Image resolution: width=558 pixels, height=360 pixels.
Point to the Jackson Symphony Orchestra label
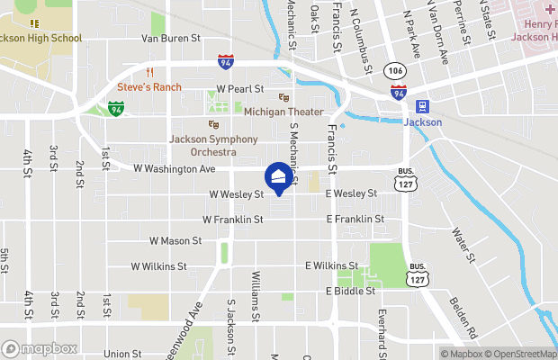pos(213,146)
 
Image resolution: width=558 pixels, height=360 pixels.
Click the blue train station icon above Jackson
pos(422,106)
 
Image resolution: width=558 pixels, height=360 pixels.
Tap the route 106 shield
pos(393,70)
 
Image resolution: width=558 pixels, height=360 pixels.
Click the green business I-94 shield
pos(115,108)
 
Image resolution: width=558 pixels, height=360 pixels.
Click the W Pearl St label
pos(240,89)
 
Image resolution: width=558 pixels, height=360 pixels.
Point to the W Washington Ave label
pos(175,168)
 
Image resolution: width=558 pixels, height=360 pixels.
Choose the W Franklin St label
pos(232,219)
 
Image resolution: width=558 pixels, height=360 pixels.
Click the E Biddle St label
pos(350,292)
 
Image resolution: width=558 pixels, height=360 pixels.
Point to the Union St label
pos(122,355)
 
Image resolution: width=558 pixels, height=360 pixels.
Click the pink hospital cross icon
pos(548,9)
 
